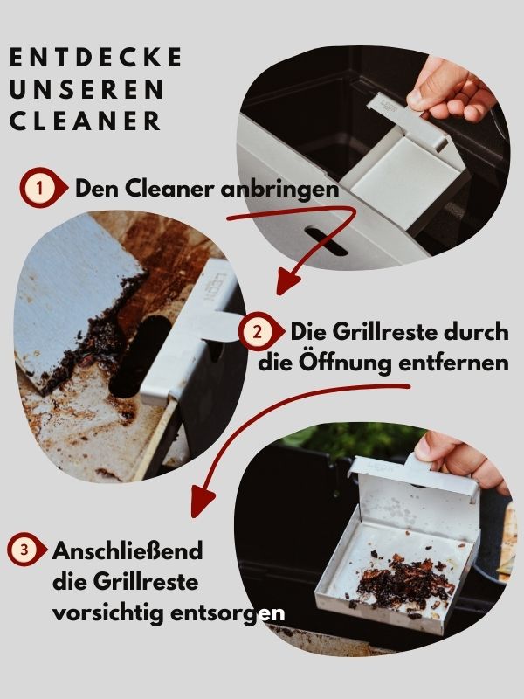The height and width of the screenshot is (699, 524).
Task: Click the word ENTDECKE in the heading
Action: (96, 57)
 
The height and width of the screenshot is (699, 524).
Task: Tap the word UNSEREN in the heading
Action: (86, 89)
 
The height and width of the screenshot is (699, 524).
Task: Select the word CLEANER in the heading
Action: (85, 121)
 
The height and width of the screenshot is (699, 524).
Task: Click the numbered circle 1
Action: (40, 188)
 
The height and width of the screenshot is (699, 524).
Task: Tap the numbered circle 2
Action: (259, 332)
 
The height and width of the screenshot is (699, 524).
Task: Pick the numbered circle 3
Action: (24, 550)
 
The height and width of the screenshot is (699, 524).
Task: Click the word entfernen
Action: (453, 363)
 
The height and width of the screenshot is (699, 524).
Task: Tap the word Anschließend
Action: (128, 551)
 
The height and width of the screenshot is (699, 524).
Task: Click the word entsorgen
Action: (227, 614)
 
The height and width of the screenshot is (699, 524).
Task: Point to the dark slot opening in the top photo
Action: (326, 241)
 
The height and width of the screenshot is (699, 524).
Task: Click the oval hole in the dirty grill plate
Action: (139, 356)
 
